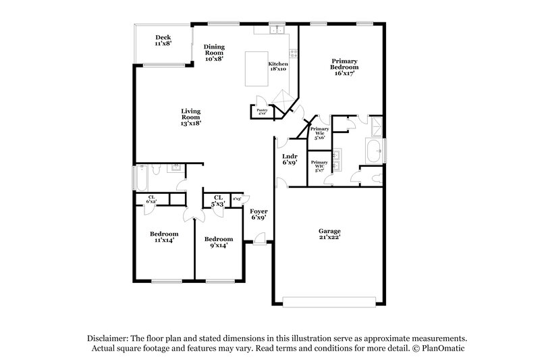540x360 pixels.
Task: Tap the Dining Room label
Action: click(x=214, y=53)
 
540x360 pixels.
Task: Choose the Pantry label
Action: click(x=261, y=111)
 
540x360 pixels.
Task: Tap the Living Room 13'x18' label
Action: click(x=190, y=118)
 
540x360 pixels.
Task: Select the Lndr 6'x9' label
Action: click(x=289, y=159)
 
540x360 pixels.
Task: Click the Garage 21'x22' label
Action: click(x=329, y=234)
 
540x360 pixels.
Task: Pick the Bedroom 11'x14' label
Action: click(x=164, y=237)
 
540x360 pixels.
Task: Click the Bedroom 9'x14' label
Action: click(x=219, y=242)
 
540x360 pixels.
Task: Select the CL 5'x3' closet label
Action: click(x=218, y=201)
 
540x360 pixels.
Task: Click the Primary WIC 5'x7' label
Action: click(x=319, y=165)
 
